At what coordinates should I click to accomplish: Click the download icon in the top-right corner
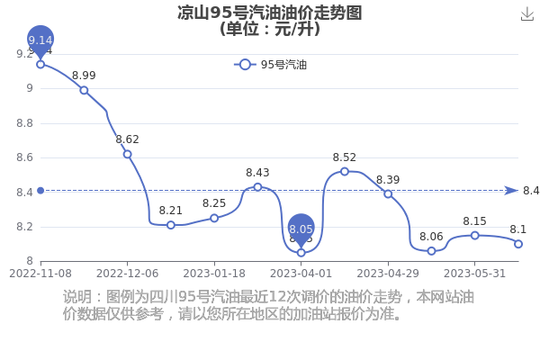(x=526, y=14)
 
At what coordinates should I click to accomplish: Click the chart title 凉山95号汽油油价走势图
(x=270, y=13)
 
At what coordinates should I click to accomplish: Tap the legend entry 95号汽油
(x=270, y=65)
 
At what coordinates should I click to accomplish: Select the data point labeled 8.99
(x=84, y=90)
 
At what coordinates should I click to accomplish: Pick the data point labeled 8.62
(x=128, y=154)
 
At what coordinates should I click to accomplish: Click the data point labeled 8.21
(x=171, y=225)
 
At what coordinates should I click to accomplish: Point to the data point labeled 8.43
(x=257, y=187)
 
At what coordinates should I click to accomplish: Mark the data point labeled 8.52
(x=345, y=172)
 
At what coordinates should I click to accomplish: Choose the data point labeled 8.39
(x=388, y=194)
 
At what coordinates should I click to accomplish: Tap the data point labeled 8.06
(x=431, y=251)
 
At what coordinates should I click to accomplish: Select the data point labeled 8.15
(x=475, y=236)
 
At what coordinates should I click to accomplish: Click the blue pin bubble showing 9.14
(x=40, y=40)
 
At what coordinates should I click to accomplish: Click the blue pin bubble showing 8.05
(x=301, y=228)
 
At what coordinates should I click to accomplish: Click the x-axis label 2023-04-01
(x=301, y=274)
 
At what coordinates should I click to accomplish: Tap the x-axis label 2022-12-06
(x=128, y=274)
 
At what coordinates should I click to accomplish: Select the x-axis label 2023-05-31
(x=475, y=274)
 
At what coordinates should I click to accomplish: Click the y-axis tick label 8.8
(x=25, y=123)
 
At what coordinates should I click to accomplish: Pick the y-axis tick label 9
(x=30, y=88)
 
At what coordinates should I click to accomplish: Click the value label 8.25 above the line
(x=214, y=203)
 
